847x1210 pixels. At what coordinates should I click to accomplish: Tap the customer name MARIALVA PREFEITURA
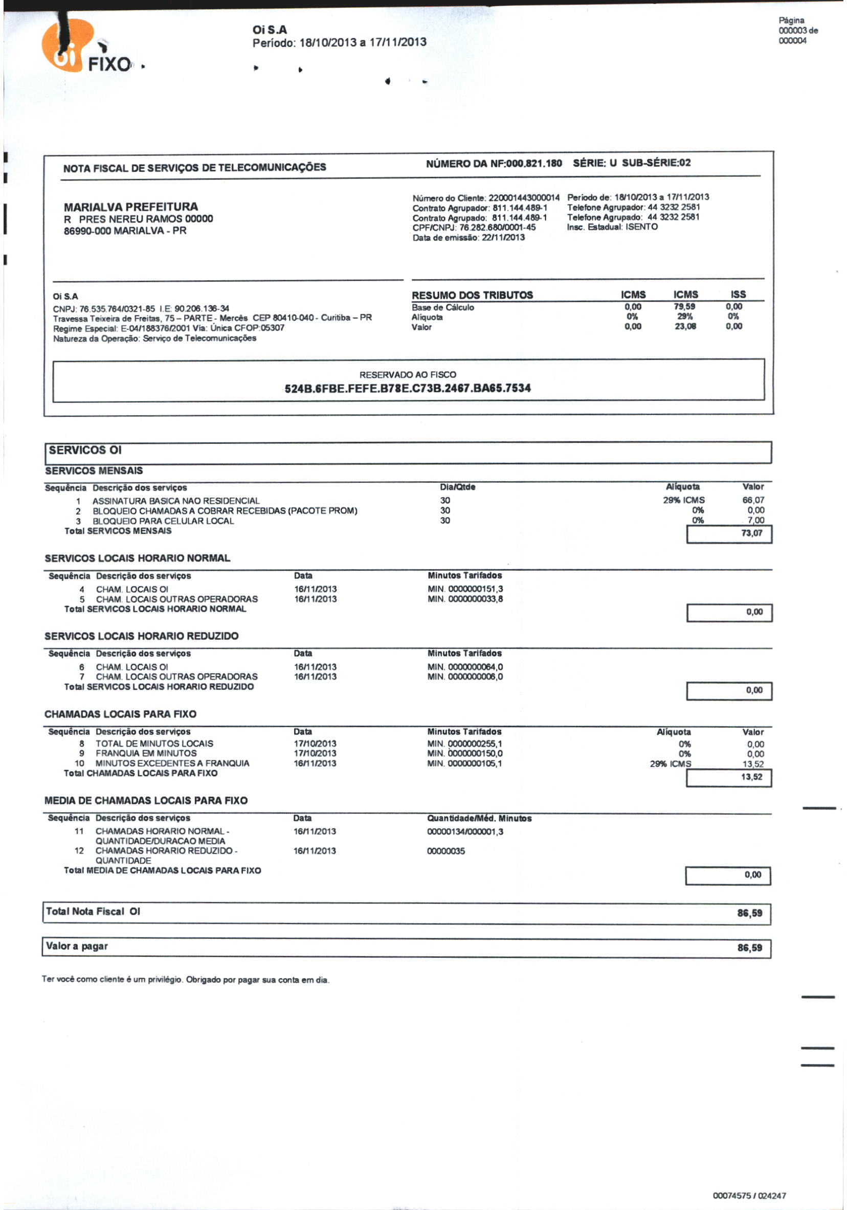coord(131,207)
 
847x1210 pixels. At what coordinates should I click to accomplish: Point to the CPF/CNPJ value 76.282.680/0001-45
coord(497,227)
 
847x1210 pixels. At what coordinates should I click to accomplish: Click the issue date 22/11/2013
coord(503,237)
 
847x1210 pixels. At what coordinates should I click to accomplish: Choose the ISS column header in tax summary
coord(738,294)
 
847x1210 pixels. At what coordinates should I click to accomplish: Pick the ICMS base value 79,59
coord(684,307)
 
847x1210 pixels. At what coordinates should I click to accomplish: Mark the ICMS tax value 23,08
coord(685,326)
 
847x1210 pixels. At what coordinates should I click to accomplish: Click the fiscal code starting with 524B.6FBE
coord(408,388)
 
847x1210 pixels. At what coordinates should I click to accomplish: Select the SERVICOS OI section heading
coord(85,450)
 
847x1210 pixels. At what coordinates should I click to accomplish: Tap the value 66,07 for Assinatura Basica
coord(753,500)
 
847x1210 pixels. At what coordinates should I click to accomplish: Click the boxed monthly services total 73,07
coord(751,533)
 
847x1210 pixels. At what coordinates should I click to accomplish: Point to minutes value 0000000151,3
coord(475,589)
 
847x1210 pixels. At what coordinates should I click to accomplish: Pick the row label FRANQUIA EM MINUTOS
coord(146,753)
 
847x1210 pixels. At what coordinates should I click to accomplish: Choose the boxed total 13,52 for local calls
coord(751,777)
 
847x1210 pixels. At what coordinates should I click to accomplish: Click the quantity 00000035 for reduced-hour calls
coord(446,851)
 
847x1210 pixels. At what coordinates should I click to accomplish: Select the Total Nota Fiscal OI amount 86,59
coord(749,913)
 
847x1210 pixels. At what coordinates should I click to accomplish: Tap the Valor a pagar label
coord(77,946)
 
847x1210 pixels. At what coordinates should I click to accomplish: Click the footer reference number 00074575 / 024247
coord(749,1196)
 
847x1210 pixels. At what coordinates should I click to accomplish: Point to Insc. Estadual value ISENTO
coord(641,227)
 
